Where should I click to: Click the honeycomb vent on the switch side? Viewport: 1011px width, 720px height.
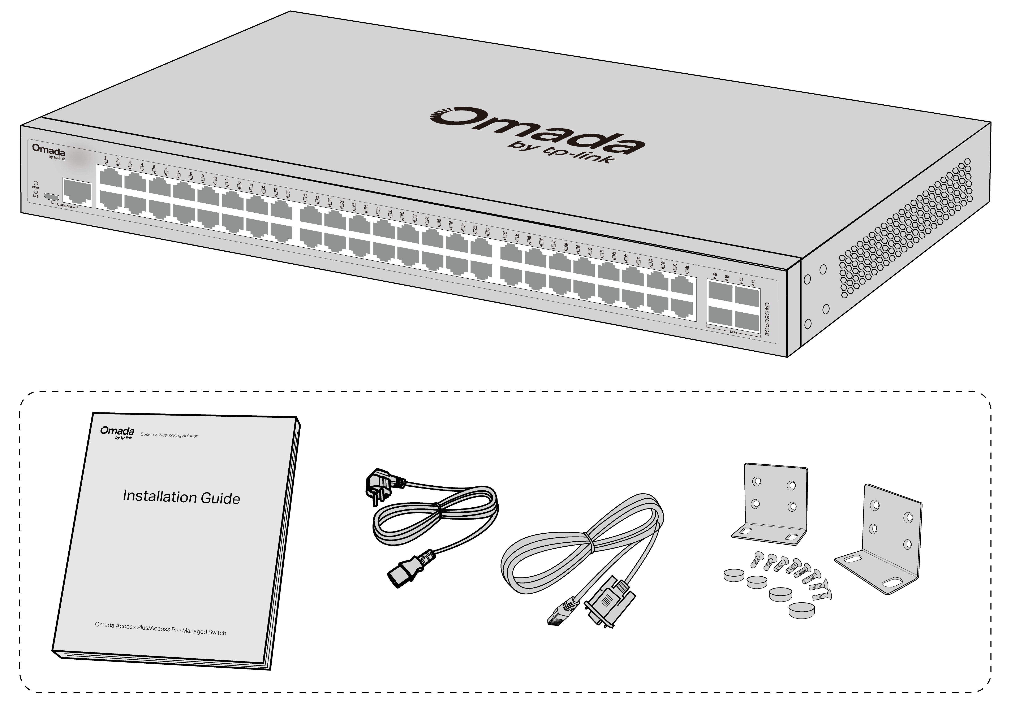click(905, 228)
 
